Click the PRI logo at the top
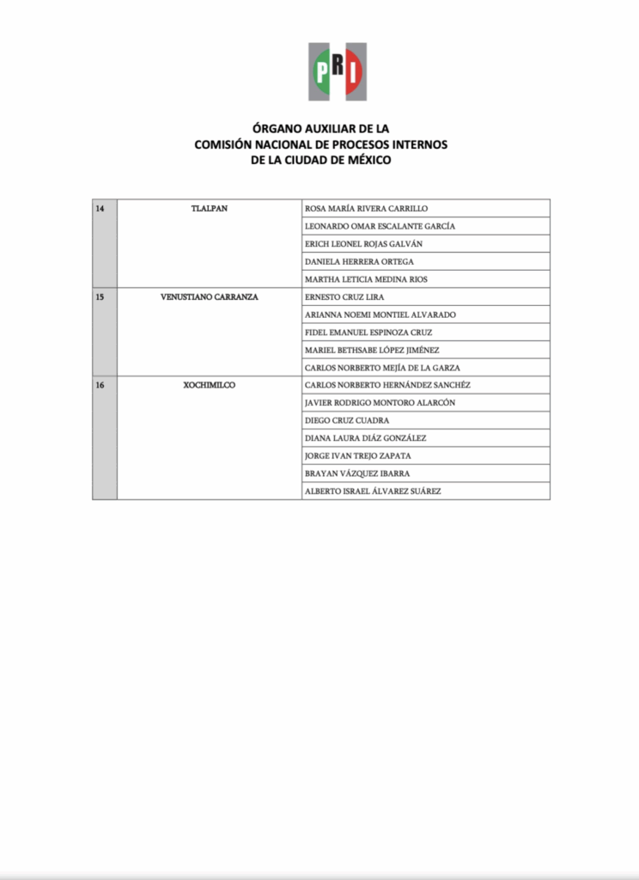[x=338, y=71]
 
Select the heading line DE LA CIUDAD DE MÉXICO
[x=321, y=160]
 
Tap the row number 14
[x=100, y=209]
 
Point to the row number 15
[x=100, y=297]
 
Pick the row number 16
[x=100, y=385]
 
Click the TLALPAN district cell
[x=210, y=209]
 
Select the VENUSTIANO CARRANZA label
[x=210, y=297]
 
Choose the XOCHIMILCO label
[x=210, y=385]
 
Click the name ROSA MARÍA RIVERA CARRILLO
[x=366, y=209]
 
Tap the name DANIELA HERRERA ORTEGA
[x=359, y=261]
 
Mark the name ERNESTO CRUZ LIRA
[x=344, y=297]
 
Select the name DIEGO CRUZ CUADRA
[x=347, y=420]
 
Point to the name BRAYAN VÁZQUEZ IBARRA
[x=357, y=474]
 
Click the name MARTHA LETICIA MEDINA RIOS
[x=366, y=279]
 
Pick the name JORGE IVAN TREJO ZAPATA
[x=357, y=455]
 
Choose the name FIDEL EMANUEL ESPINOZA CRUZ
[x=368, y=333]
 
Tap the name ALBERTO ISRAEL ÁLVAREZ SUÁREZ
[x=374, y=492]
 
